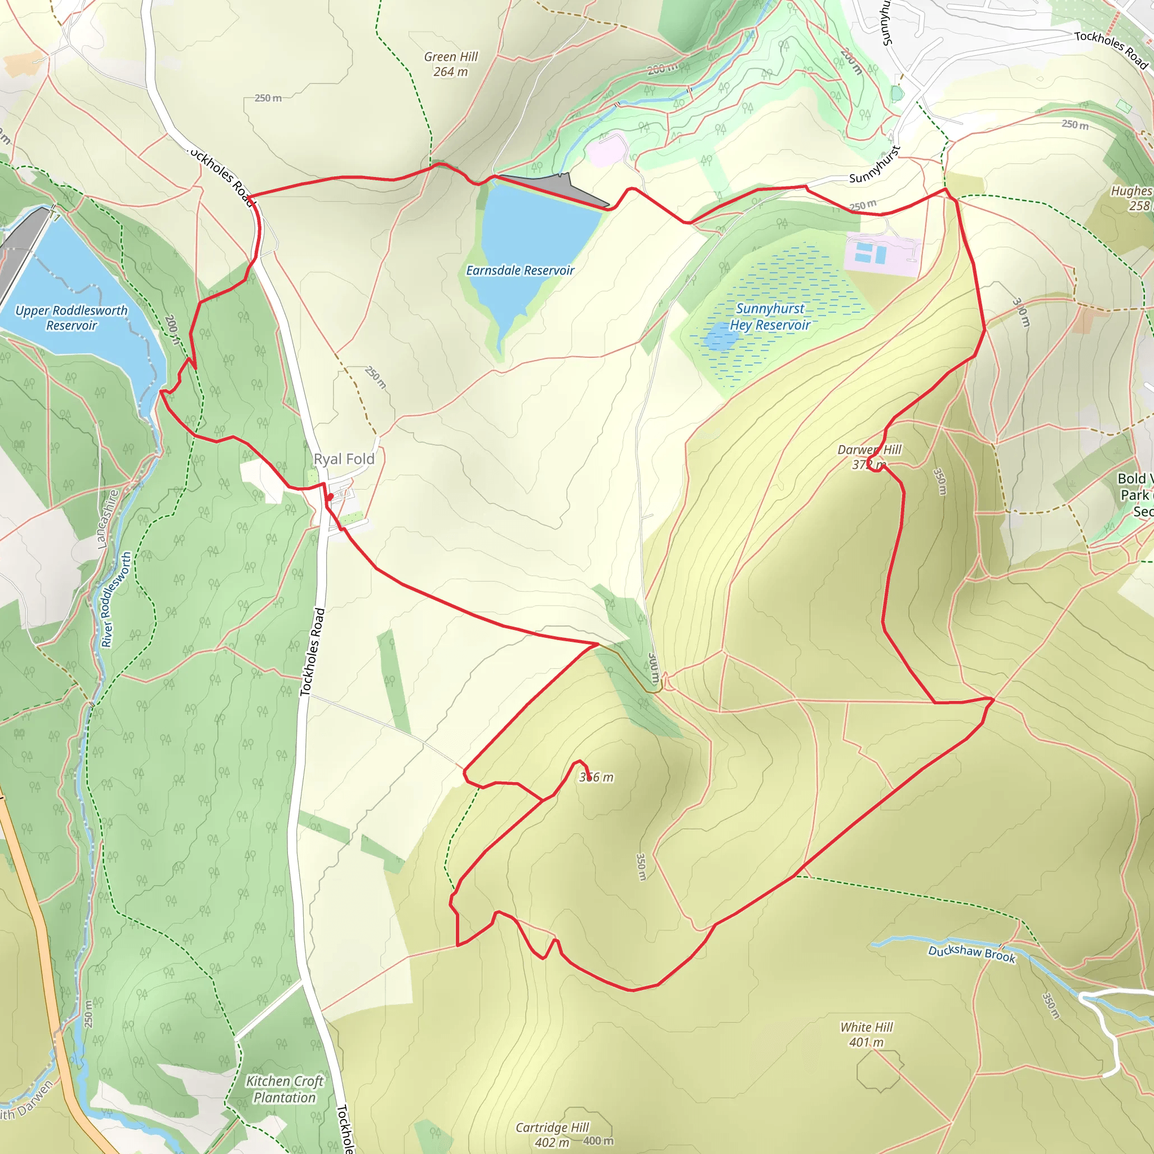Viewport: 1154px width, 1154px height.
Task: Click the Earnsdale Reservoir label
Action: point(520,270)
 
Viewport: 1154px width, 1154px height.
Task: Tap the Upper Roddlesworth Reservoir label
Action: point(71,318)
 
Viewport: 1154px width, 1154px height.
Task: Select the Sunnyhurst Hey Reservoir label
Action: point(769,317)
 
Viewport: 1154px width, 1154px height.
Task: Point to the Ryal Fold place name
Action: point(344,459)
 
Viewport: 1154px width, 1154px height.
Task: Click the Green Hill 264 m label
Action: point(451,64)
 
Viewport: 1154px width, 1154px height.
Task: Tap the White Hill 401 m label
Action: point(866,1035)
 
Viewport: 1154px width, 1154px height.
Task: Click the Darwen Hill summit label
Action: point(869,457)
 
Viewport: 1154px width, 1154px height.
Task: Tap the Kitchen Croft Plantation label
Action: point(285,1089)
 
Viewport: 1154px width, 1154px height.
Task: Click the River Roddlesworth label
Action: point(116,600)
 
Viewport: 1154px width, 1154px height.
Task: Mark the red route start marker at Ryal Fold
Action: point(330,496)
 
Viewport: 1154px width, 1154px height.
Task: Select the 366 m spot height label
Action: point(596,777)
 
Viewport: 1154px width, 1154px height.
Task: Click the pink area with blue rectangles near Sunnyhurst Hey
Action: point(882,255)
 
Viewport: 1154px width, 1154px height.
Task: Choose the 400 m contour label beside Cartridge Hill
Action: point(598,1141)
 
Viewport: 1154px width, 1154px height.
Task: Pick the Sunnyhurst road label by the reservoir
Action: point(874,166)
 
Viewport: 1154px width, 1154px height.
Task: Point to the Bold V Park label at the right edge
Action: point(1134,495)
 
